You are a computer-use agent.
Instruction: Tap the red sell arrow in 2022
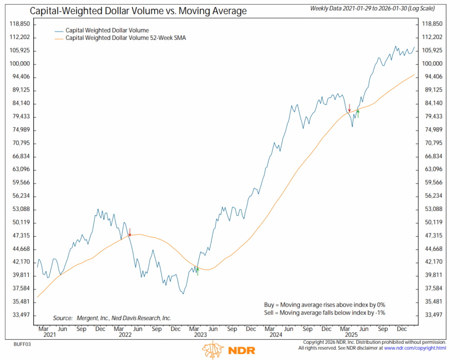(x=129, y=232)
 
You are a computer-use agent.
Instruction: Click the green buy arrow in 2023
(x=197, y=271)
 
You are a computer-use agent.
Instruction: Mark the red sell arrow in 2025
(x=349, y=108)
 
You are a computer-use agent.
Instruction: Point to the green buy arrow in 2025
(x=358, y=113)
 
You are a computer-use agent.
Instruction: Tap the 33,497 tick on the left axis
(x=20, y=315)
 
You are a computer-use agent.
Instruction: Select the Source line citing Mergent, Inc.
(x=112, y=318)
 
